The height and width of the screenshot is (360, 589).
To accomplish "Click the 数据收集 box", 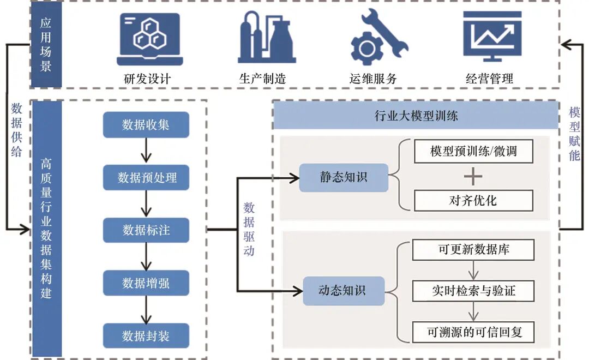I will (146, 125).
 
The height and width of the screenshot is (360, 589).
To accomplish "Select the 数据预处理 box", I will (146, 178).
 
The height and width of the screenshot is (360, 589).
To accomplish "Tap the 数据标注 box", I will (146, 230).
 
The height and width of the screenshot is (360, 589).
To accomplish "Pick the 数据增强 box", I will (146, 283).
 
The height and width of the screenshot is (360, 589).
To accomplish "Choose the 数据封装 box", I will (146, 335).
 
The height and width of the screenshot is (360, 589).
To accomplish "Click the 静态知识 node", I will (344, 177).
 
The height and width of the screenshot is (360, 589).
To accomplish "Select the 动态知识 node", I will (344, 290).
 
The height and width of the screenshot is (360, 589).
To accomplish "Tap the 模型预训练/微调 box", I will (473, 151).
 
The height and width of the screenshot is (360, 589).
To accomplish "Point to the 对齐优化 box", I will (473, 200).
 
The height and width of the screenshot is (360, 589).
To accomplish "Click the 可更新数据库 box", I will (473, 250).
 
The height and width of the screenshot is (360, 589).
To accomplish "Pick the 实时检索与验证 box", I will (473, 290).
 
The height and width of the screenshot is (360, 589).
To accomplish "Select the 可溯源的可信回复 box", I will (473, 331).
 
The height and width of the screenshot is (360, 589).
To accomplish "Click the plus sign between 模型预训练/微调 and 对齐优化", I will (473, 176).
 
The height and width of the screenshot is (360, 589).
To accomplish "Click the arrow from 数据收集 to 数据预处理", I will (146, 151).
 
